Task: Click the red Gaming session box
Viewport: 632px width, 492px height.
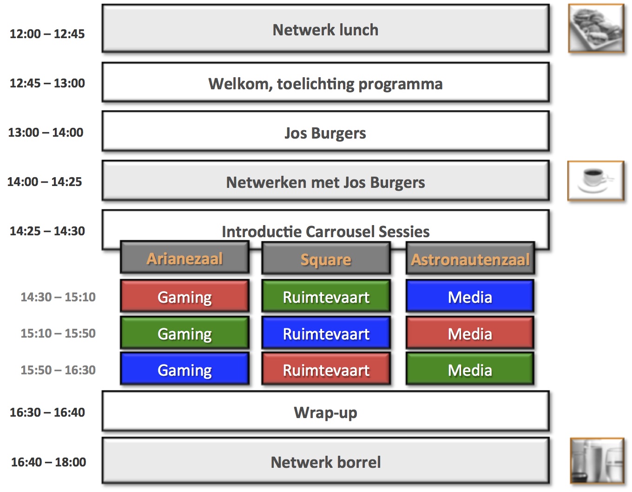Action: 184,296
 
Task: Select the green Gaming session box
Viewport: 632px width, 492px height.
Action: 184,333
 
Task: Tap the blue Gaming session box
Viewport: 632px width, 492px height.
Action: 184,369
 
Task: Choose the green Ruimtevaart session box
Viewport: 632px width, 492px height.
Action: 326,296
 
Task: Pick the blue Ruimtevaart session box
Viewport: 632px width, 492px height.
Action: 326,333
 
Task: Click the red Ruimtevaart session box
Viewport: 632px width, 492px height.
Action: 326,369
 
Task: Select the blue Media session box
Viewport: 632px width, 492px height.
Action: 469,296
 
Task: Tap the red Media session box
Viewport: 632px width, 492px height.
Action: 469,333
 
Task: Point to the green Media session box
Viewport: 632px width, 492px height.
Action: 469,369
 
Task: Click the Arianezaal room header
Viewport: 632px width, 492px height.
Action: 184,258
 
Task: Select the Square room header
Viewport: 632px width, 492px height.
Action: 326,259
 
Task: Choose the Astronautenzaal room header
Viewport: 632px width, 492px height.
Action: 470,259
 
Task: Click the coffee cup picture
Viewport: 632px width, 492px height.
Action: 595,181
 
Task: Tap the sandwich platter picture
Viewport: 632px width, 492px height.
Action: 596,28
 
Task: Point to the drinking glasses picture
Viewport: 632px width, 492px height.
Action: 597,461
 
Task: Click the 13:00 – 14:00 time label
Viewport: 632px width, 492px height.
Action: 46,133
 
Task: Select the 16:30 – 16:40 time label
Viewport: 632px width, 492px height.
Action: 47,412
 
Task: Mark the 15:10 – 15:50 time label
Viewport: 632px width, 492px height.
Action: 58,333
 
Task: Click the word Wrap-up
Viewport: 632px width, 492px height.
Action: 325,412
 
